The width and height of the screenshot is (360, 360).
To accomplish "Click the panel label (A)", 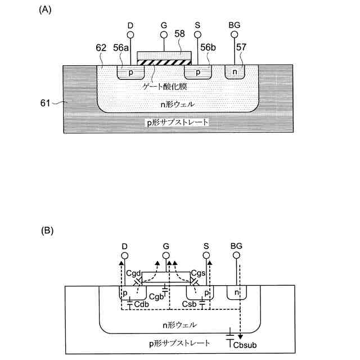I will coord(46,10).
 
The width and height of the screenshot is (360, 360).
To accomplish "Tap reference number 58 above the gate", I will coord(179,34).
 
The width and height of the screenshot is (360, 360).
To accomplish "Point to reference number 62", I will coord(101,49).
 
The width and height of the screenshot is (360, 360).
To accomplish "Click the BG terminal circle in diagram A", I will coord(235,34).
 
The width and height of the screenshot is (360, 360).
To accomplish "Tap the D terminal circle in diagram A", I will coord(130,34).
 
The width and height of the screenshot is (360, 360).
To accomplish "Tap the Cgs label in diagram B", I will coord(197,272).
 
